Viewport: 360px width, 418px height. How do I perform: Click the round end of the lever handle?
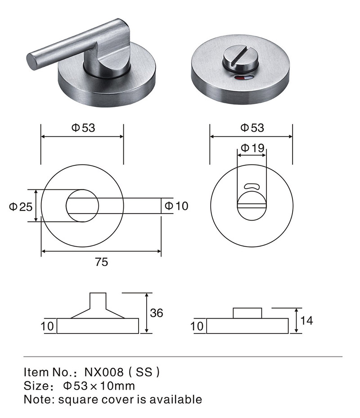click(31, 61)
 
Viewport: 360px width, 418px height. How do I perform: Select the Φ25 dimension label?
click(21, 207)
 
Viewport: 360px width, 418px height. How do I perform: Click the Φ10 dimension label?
click(176, 206)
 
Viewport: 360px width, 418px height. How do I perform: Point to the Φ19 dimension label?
click(252, 148)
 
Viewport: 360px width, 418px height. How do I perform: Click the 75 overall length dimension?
click(101, 262)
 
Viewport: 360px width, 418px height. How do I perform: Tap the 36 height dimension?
click(157, 313)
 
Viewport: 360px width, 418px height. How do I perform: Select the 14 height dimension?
click(306, 320)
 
